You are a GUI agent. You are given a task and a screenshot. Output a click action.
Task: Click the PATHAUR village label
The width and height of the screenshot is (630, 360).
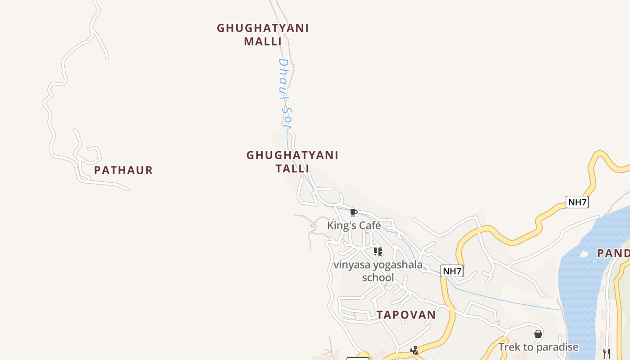coord(123,170)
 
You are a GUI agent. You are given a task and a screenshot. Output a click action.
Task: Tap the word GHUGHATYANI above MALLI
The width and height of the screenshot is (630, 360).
coord(263,28)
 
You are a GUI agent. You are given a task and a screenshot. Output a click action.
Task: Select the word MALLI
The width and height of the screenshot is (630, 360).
coord(263,41)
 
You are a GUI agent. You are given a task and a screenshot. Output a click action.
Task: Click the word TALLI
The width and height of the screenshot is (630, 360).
coord(292,168)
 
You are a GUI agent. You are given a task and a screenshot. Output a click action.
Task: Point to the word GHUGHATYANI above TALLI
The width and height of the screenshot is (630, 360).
coord(292,155)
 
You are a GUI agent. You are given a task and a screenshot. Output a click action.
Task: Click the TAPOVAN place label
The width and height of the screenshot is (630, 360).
coord(406,315)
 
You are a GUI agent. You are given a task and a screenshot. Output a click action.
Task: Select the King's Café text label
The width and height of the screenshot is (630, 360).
coord(354,225)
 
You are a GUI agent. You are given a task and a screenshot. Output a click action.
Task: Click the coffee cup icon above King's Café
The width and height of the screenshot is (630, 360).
coord(354,212)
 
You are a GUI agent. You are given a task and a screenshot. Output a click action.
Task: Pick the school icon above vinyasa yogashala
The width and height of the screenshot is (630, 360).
coord(378,251)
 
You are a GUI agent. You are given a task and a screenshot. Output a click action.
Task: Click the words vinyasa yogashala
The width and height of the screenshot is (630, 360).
coord(378,265)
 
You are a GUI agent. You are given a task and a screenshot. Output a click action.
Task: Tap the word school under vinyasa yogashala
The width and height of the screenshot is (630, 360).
coord(378,278)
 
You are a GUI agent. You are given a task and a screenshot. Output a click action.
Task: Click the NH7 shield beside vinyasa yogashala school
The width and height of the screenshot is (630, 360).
coord(452,271)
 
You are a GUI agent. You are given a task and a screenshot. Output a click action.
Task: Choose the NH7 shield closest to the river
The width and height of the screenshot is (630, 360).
coord(577,202)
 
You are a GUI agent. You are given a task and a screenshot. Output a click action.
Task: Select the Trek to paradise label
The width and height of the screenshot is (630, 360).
coord(538,347)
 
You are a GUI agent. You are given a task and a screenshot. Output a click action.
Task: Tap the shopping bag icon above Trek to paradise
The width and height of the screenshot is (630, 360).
coord(538,334)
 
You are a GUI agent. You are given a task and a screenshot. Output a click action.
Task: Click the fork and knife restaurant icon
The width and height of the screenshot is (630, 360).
coord(606,353)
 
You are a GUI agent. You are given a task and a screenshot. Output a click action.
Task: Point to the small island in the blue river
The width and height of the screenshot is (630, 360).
coord(584,254)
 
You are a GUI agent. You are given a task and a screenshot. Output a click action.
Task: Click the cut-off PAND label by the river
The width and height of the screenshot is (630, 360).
coord(613,253)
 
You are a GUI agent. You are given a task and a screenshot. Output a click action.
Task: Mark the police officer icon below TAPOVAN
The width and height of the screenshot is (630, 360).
coord(414,350)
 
